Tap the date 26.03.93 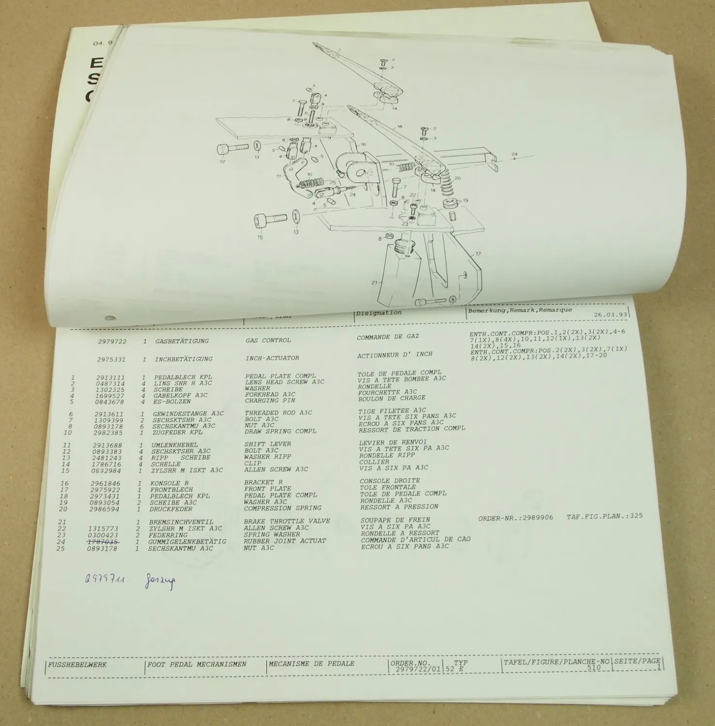pos(610,315)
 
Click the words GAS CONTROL pos(268,340)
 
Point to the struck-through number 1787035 pos(103,542)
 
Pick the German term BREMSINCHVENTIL pos(181,522)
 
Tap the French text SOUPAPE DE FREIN pos(395,520)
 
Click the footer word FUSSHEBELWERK pos(77,665)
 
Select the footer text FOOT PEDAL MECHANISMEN pos(197,665)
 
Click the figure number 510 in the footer pos(593,667)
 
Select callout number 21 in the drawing pos(373,283)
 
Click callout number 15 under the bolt pos(260,238)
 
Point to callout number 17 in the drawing pos(478,254)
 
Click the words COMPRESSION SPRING pos(282,508)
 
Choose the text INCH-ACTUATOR pos(272,358)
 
